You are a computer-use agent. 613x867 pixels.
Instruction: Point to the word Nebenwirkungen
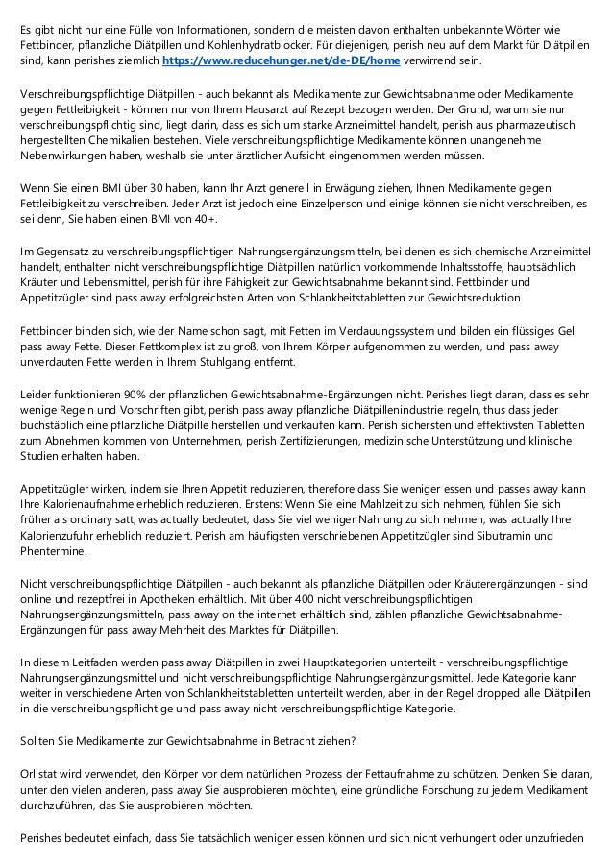pyautogui.click(x=64, y=159)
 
